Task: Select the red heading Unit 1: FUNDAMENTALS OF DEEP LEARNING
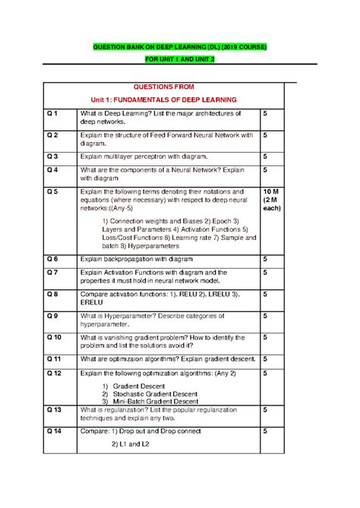pos(164,99)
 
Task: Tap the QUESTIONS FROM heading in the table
pos(164,87)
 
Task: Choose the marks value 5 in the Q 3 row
pos(265,156)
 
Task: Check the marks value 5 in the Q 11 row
pos(265,358)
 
